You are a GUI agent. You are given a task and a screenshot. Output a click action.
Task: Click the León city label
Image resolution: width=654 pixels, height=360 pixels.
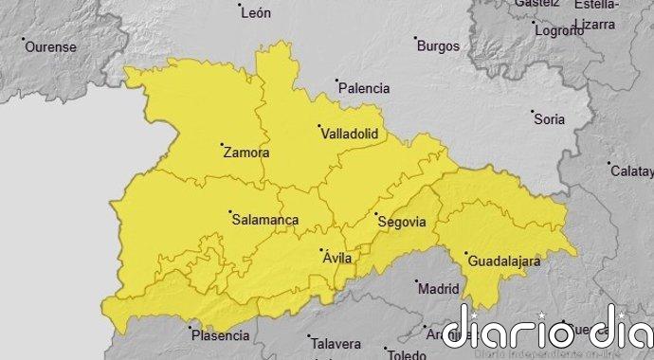257,13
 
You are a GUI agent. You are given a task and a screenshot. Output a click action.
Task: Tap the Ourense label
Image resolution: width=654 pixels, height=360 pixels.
49,46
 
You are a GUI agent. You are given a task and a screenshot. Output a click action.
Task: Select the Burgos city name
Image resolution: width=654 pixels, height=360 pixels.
438,45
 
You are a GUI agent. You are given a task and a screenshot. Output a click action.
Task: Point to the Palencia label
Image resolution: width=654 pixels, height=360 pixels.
364,88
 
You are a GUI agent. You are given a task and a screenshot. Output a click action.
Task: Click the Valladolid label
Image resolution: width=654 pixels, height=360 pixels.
350,135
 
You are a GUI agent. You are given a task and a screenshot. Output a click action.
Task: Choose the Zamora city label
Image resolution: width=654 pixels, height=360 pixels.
245,152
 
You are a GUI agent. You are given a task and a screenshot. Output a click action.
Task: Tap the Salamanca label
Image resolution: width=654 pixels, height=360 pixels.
264,220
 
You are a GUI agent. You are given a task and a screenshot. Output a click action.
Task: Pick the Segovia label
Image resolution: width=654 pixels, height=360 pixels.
401,222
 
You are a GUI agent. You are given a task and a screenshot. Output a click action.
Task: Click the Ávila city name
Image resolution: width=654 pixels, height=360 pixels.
338,258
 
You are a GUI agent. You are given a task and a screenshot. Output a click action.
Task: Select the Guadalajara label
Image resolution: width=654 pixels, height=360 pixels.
503,260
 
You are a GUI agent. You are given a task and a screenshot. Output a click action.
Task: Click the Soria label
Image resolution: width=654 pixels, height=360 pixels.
550,119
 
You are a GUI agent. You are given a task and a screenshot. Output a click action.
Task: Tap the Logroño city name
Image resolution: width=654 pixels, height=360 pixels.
558,30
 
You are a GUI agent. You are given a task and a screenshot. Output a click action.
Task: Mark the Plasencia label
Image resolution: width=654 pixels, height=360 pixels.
220,335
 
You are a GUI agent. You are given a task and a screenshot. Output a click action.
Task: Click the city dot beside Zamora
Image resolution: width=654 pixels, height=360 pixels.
222,145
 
